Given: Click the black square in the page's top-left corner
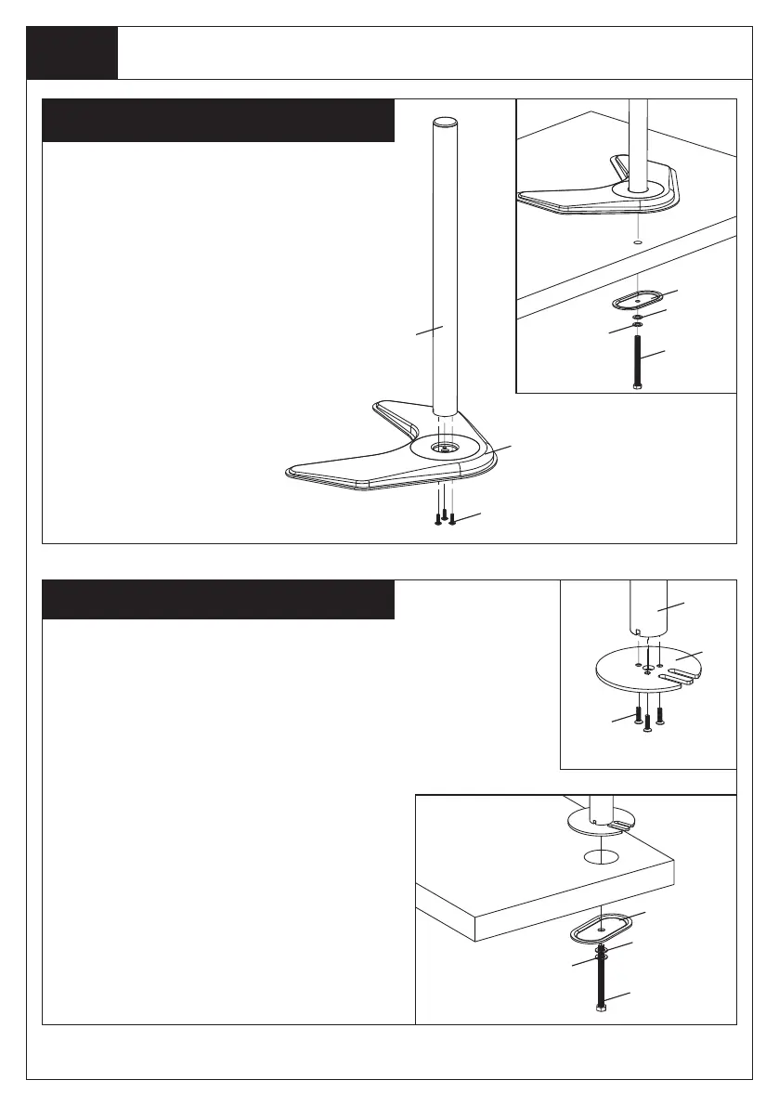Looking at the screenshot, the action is click(x=72, y=53).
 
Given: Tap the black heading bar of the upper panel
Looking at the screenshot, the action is click(x=219, y=120).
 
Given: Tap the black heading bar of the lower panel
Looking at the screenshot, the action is click(x=219, y=599).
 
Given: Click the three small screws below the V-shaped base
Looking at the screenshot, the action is click(x=444, y=517).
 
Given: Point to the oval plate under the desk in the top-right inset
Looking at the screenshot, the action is click(x=637, y=302).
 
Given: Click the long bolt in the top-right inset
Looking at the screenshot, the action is click(x=637, y=363).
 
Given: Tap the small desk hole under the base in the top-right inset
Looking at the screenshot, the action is click(x=637, y=241).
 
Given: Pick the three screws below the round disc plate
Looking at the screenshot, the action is click(x=647, y=718).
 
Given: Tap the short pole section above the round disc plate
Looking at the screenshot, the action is click(x=648, y=608).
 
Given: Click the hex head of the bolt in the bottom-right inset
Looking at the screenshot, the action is click(x=600, y=1007).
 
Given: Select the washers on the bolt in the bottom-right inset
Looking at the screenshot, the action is click(x=600, y=952).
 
